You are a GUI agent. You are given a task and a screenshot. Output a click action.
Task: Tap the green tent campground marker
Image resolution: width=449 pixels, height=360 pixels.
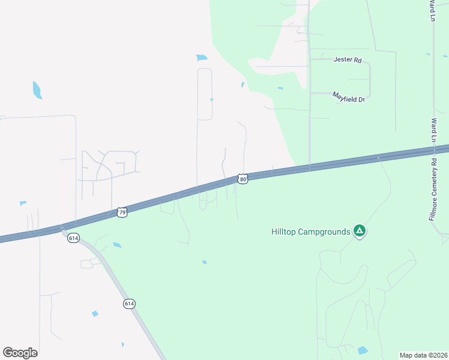[x=359, y=230]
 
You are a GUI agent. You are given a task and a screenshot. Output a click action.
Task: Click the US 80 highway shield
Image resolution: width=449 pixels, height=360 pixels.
[x=242, y=179]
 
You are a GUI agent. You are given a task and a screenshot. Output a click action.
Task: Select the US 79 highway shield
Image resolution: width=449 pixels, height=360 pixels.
[x=122, y=212]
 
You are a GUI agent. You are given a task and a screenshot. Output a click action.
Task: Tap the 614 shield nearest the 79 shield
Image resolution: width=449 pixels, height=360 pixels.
[x=73, y=238]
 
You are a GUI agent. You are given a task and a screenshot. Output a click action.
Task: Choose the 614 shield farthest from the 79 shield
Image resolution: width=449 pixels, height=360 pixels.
[x=129, y=304]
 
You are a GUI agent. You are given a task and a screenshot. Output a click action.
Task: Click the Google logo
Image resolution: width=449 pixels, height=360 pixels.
[x=20, y=352]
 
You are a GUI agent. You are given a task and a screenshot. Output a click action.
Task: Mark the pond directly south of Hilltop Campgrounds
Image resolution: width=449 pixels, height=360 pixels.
[x=362, y=350]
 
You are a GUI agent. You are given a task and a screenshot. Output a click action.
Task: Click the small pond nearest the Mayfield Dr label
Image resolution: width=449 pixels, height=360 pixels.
[x=280, y=89]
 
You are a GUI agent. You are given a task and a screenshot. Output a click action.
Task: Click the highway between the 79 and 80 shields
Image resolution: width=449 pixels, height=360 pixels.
[x=180, y=194]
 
